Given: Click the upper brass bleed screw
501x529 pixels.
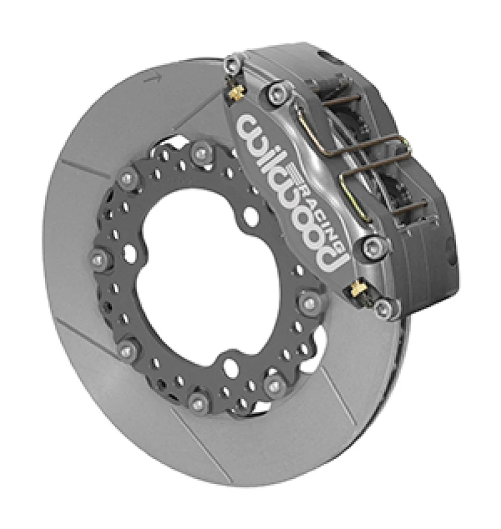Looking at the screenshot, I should pyautogui.click(x=234, y=94).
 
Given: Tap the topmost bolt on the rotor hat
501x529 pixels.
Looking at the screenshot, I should pyautogui.click(x=201, y=153).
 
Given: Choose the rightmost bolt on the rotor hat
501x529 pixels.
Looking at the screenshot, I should pyautogui.click(x=310, y=303).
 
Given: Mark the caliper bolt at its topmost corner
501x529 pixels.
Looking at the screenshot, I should pyautogui.click(x=231, y=64).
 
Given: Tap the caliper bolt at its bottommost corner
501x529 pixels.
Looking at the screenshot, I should pyautogui.click(x=383, y=307).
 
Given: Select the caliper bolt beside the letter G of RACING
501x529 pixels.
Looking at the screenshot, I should pyautogui.click(x=371, y=247).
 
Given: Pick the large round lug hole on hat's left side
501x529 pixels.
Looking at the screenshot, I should pyautogui.click(x=129, y=252).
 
